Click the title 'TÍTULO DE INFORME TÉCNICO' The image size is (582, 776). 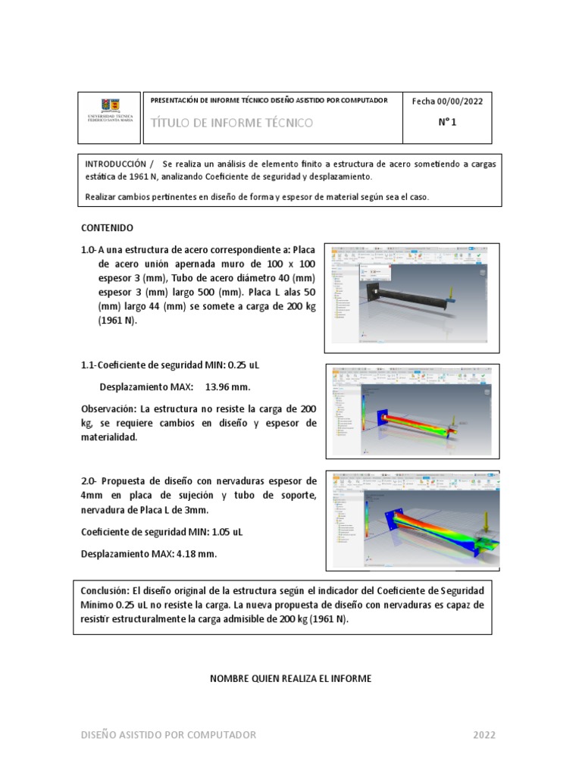point(232,123)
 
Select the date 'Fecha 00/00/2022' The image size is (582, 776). point(447,102)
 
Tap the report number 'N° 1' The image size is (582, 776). point(447,124)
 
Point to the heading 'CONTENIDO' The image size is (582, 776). point(107,227)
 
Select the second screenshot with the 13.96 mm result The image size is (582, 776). point(411,411)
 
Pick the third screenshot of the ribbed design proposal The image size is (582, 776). point(411,520)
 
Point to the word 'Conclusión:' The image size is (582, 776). point(105,590)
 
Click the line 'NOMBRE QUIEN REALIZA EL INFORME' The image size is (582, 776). point(290,678)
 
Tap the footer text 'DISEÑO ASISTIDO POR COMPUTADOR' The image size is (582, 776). point(168,734)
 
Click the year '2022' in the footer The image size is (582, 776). point(484,734)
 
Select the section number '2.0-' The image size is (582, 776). point(91,481)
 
